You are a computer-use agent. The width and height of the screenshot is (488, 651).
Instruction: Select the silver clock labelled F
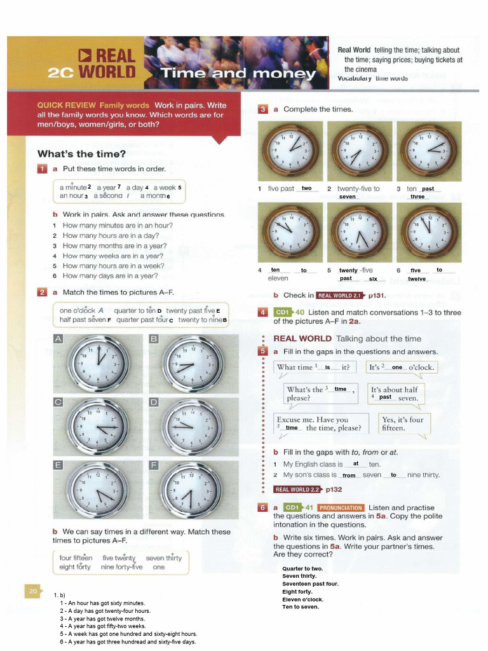tap(190, 490)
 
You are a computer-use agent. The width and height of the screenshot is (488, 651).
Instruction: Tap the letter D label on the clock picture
tap(153, 402)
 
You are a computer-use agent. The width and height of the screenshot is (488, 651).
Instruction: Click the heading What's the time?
tap(81, 153)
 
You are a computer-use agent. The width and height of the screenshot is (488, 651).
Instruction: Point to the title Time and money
tap(238, 73)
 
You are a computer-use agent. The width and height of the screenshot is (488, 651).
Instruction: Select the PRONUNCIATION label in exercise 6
tap(341, 507)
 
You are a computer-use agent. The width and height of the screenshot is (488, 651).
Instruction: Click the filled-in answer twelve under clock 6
tap(417, 278)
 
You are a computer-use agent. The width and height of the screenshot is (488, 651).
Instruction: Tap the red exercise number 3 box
tap(263, 109)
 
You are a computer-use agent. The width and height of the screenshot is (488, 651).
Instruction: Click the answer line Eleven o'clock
tap(303, 599)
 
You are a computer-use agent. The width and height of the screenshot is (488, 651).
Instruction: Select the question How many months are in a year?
tap(114, 245)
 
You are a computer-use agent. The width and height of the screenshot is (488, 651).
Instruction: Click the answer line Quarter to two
tap(302, 568)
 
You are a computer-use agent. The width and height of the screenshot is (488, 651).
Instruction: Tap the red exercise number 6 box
tap(263, 507)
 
